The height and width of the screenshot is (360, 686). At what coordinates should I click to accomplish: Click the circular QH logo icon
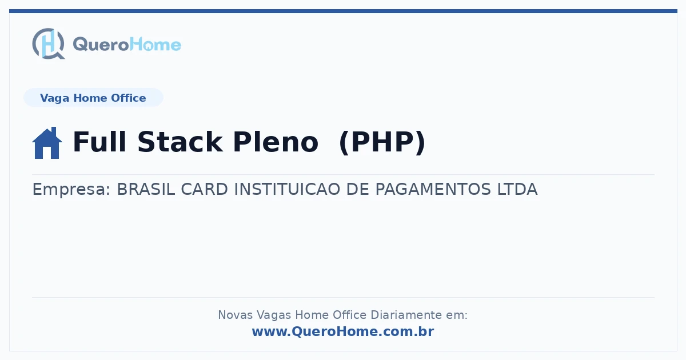click(x=49, y=43)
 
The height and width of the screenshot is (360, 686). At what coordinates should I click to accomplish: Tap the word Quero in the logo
click(x=101, y=45)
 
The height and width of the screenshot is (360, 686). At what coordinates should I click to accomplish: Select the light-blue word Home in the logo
click(x=155, y=45)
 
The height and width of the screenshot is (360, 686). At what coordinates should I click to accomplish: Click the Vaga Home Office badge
click(x=93, y=98)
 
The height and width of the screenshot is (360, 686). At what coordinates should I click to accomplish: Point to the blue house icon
click(x=47, y=143)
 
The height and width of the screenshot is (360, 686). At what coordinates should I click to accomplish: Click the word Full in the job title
click(x=99, y=142)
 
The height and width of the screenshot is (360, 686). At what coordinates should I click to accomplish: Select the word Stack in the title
click(x=180, y=142)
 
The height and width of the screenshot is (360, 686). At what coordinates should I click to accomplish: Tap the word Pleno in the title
click(x=276, y=142)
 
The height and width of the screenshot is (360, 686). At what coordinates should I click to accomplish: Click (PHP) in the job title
click(x=382, y=142)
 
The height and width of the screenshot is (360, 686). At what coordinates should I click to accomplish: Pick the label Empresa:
click(x=71, y=189)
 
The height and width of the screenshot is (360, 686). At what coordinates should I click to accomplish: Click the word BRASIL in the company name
click(x=146, y=189)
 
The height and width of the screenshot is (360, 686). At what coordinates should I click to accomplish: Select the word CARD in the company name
click(x=205, y=189)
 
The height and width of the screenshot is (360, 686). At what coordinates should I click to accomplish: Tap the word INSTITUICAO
click(x=287, y=189)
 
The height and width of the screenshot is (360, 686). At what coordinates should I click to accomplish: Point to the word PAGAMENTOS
click(x=433, y=189)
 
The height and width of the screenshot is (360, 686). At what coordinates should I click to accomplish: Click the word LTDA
click(x=517, y=189)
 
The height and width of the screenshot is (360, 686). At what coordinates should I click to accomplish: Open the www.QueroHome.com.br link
click(x=343, y=331)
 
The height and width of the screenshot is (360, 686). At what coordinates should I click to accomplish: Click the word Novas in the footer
click(x=235, y=315)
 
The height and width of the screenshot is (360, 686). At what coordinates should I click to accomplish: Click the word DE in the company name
click(x=358, y=189)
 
